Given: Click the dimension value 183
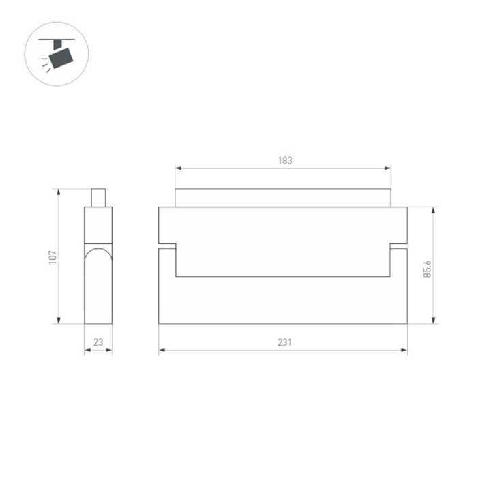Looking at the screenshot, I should (x=284, y=161).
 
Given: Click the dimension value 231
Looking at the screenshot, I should (x=284, y=343).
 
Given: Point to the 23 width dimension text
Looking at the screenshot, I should (x=98, y=343).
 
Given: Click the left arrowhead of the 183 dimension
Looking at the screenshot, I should (x=179, y=168).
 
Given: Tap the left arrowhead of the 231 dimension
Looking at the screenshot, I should (x=162, y=351).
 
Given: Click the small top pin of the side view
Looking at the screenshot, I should (x=98, y=197).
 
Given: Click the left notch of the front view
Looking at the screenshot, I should (x=168, y=246).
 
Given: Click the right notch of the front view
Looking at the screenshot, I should (x=398, y=246).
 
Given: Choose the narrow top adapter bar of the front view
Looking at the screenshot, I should (x=283, y=198).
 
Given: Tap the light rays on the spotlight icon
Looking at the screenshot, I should (x=45, y=63).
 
